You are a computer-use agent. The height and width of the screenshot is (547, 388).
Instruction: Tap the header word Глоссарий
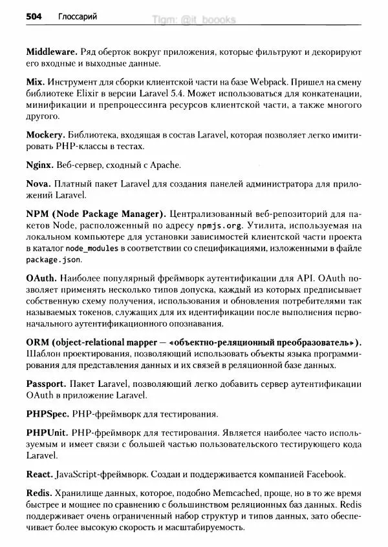coord(76,17)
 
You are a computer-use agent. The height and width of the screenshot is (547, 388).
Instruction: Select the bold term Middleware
coord(52,51)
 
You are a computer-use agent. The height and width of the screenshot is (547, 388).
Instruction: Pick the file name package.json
coord(54,260)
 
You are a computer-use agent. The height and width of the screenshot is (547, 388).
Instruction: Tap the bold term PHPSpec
coord(48,413)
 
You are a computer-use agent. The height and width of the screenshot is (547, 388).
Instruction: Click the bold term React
coord(40,475)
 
